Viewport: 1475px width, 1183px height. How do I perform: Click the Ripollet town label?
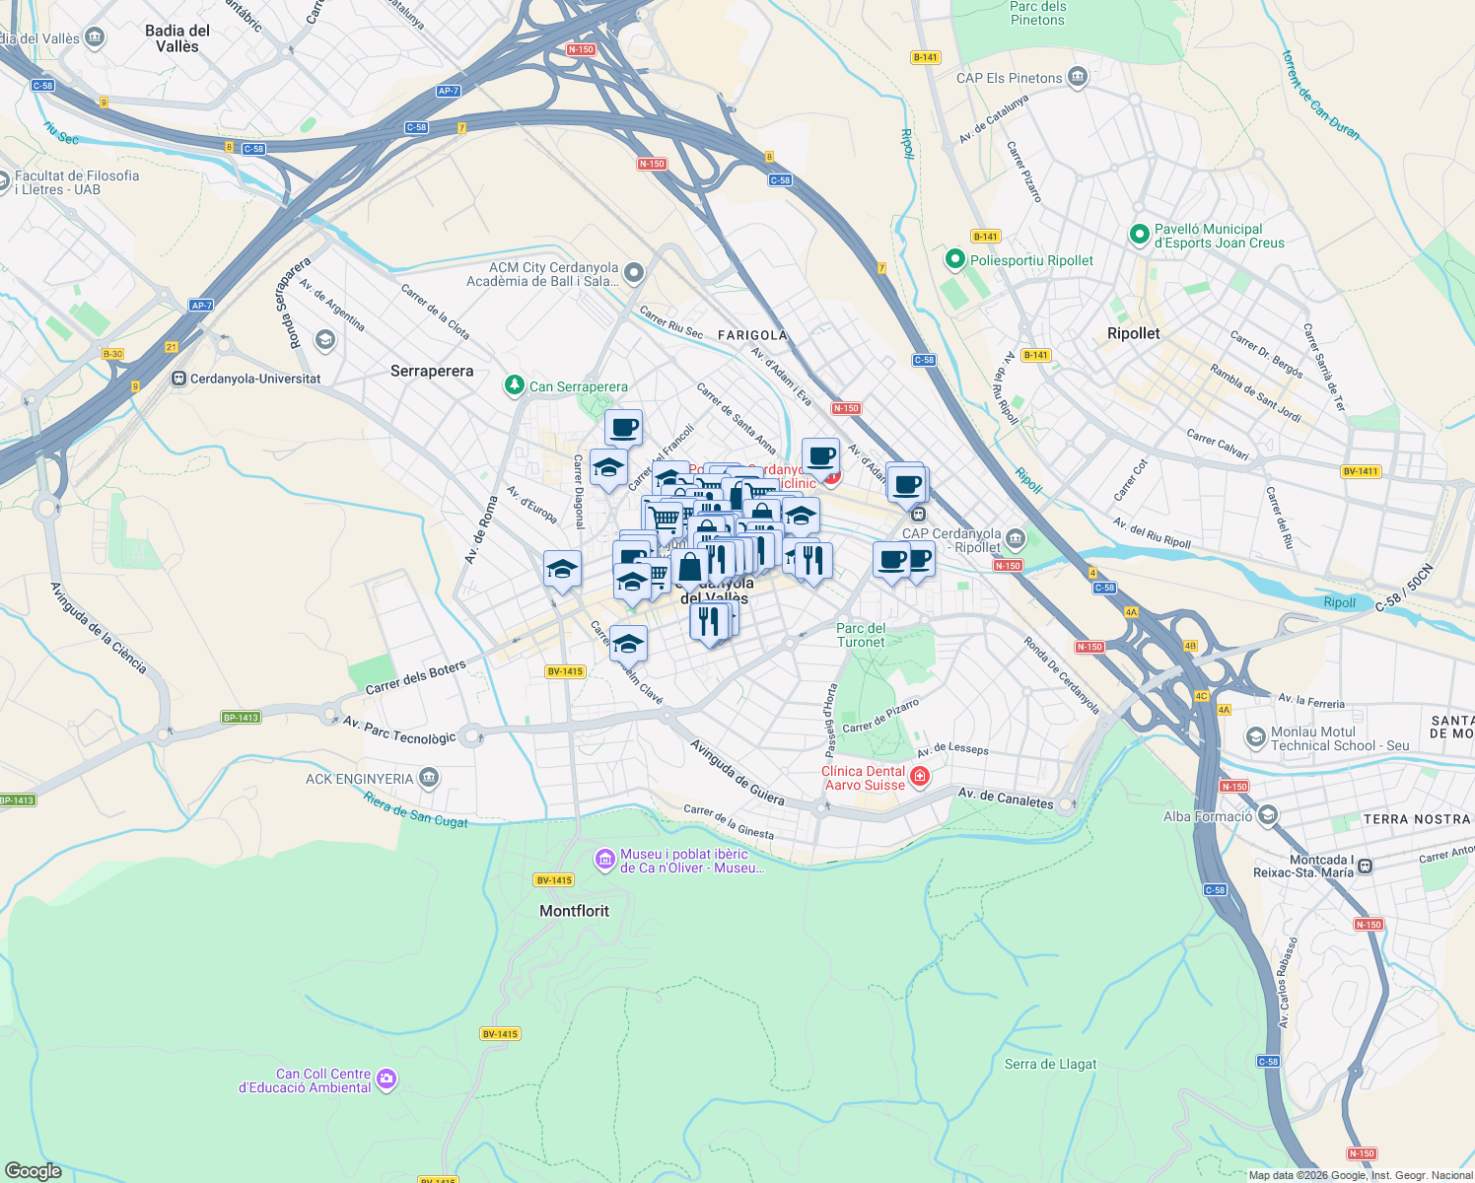tap(1133, 333)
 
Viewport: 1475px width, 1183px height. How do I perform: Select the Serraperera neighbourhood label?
tap(432, 372)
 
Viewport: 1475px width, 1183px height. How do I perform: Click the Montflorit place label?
tap(574, 911)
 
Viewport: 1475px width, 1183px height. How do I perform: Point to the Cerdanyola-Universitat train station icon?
tap(178, 379)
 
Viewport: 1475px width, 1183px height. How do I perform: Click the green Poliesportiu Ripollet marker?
tap(954, 260)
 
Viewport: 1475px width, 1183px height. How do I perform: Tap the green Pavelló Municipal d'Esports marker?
tap(1139, 236)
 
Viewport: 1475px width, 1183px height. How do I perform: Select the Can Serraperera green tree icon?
tap(514, 385)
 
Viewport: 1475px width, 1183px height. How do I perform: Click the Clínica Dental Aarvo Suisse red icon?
tap(920, 778)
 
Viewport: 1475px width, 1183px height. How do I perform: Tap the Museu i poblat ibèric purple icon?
tap(604, 861)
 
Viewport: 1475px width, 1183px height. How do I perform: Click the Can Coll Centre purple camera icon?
tap(386, 1080)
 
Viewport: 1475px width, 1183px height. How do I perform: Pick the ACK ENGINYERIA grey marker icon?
tap(428, 779)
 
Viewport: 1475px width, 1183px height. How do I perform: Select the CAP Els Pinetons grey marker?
tap(1078, 78)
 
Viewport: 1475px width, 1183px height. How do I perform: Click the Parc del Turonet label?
tap(861, 635)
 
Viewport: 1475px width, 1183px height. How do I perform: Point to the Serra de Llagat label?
tap(1050, 1064)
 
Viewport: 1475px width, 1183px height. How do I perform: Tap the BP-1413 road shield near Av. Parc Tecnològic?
tap(241, 718)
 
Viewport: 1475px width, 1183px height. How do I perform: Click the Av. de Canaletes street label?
tap(1005, 799)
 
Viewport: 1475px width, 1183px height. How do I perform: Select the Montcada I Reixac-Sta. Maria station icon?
tap(1366, 867)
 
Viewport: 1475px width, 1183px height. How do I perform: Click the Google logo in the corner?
tap(34, 1171)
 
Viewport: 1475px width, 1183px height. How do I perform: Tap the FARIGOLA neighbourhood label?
tap(752, 335)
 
